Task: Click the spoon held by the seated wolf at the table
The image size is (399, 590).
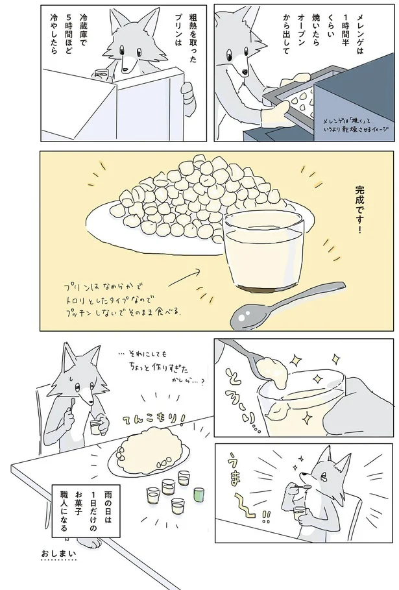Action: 73,406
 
